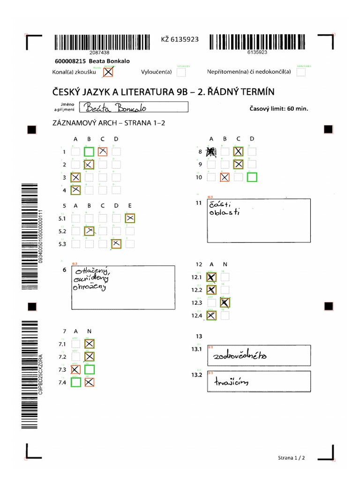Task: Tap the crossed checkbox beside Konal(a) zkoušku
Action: pos(108,72)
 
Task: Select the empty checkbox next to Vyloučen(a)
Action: pos(181,72)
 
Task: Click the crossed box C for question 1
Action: pos(103,151)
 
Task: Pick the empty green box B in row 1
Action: pos(89,151)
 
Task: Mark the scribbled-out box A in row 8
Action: pos(211,151)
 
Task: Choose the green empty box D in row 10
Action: pos(252,177)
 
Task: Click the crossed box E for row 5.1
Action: pos(130,218)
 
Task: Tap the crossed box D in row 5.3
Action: pos(116,244)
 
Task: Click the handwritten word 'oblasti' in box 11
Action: pos(225,212)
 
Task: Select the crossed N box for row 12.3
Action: pos(225,303)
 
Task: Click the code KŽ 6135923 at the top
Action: pos(180,39)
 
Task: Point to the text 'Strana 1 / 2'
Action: pos(291,457)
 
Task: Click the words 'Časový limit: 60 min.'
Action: pos(280,109)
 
